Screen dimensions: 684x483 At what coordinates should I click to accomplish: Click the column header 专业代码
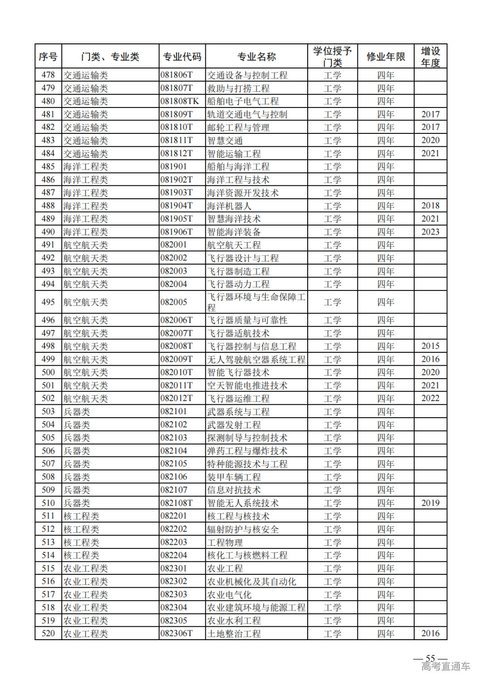coord(182,57)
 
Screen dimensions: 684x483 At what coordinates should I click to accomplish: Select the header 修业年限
coord(386,57)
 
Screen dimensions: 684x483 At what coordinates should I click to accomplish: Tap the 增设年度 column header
coord(430,57)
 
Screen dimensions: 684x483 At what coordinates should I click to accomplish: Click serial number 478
coord(48,75)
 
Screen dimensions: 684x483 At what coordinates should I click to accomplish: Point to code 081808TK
coord(180,101)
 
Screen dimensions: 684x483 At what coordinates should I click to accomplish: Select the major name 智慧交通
coord(225,141)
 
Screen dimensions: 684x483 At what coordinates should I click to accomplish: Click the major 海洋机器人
coord(229,206)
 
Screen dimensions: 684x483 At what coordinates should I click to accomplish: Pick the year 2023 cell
coord(430,232)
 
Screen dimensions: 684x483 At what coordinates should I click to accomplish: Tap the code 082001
coord(174,245)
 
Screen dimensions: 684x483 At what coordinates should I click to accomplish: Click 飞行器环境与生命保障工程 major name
coord(256,302)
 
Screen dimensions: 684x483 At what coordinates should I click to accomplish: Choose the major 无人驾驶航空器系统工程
coord(256,359)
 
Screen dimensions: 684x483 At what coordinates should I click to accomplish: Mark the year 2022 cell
coord(430,398)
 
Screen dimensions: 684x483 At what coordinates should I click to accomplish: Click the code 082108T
coord(177,503)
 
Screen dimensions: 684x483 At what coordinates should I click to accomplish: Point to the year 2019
coord(430,503)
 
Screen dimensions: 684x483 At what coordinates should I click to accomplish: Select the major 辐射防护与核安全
coord(243,530)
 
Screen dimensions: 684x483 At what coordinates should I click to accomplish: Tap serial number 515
coord(48,569)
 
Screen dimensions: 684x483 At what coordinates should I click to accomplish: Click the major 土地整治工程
coord(234,634)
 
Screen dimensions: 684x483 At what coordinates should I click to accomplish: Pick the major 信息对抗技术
coord(234,490)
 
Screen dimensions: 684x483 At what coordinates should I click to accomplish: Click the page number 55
coord(430,658)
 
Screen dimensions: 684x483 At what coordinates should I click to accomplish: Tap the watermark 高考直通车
coord(446,667)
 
